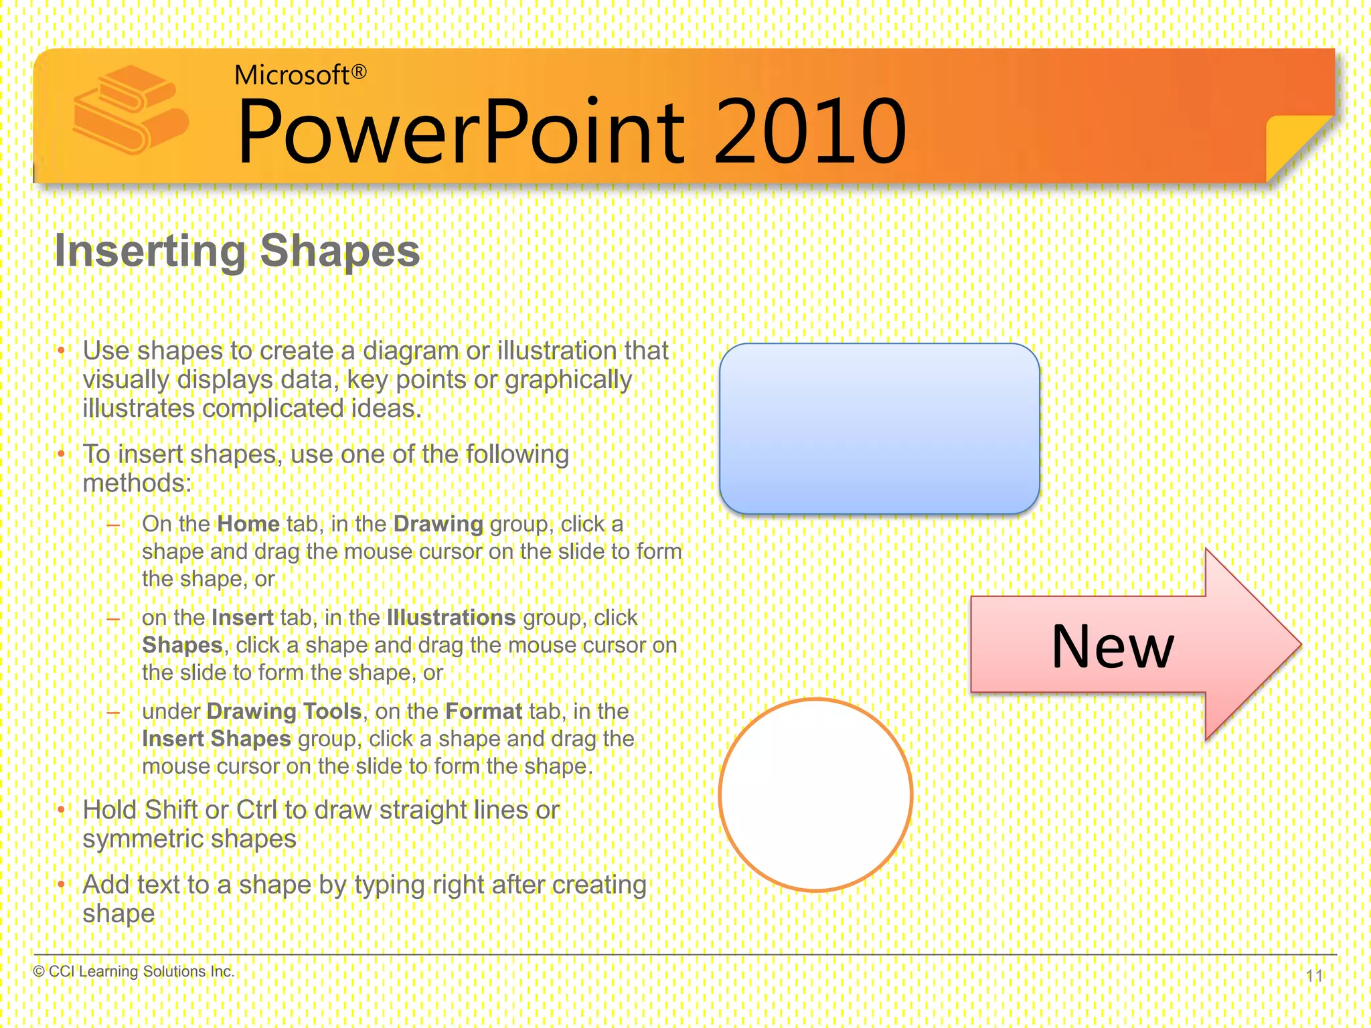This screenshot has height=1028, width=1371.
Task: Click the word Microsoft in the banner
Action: tap(291, 75)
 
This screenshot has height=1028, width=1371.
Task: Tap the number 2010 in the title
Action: tap(810, 132)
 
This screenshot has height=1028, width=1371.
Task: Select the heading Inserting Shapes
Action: tap(237, 250)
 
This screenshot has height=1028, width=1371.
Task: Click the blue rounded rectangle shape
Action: tap(879, 428)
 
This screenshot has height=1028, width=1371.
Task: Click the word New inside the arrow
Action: tap(1112, 647)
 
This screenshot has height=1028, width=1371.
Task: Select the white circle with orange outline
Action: tap(815, 794)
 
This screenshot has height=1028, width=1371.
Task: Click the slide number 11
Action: tap(1314, 976)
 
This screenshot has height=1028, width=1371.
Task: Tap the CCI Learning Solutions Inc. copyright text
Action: tap(134, 971)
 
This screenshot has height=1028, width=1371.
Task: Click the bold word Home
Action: tap(248, 524)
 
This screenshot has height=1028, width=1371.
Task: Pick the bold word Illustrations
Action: tap(451, 618)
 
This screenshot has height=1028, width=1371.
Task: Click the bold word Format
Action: tap(483, 711)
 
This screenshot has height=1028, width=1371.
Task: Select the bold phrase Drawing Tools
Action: tap(284, 711)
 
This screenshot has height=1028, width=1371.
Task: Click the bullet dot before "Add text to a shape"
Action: tap(61, 885)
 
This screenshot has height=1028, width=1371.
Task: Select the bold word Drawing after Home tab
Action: tap(438, 524)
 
